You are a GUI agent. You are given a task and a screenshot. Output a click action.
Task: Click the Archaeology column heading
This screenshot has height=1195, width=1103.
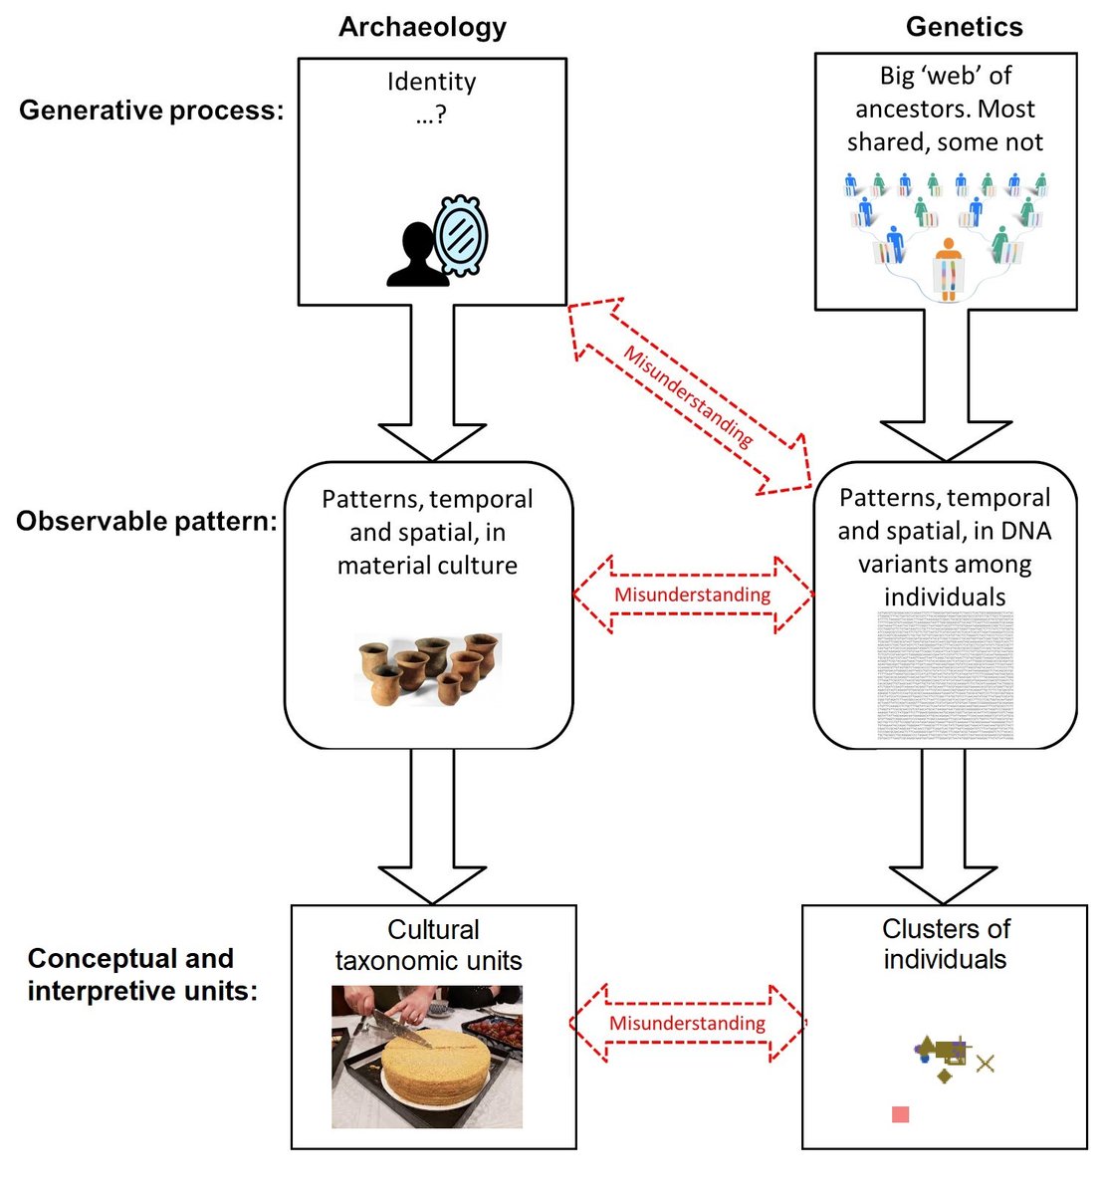point(422,27)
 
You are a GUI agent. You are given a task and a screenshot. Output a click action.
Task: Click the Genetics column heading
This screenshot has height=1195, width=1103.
point(964,27)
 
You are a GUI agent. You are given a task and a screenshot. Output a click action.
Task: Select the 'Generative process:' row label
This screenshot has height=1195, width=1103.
point(151,110)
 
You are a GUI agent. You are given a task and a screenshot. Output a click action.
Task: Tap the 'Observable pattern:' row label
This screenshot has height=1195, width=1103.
point(146,521)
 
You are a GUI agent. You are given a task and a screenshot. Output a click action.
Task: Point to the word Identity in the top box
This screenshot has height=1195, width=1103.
point(431,82)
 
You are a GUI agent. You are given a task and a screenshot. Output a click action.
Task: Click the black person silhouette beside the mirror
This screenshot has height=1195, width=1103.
point(414,258)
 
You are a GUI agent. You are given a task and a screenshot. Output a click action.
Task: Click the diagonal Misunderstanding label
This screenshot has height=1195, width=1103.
point(688,396)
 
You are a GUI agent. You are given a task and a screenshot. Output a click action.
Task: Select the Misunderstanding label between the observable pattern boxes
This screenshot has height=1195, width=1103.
point(692,596)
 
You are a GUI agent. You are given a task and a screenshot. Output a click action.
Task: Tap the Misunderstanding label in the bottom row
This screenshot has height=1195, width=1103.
point(687,1024)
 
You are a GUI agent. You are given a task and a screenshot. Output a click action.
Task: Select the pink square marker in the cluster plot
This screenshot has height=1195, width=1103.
point(900,1114)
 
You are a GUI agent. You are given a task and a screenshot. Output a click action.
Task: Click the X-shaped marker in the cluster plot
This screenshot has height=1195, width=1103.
point(985,1064)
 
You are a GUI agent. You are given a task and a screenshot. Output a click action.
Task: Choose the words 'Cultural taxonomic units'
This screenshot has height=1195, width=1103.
point(430,945)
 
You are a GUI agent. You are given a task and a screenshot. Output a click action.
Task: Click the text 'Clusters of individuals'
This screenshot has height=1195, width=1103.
point(945,944)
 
